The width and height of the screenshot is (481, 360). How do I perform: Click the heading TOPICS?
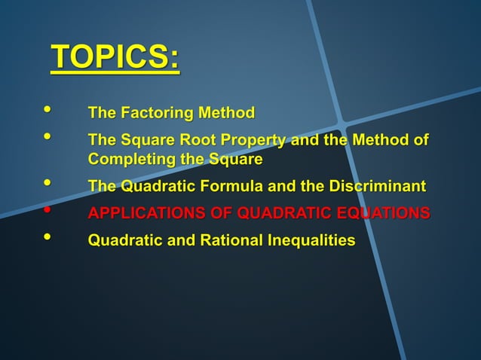pos(115,58)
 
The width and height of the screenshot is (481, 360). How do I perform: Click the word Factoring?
pos(153,114)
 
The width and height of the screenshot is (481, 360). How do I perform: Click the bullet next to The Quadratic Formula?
pos(49,183)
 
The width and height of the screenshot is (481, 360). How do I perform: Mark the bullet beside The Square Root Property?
pos(49,137)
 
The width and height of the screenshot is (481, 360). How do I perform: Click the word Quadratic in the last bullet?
pos(120,241)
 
